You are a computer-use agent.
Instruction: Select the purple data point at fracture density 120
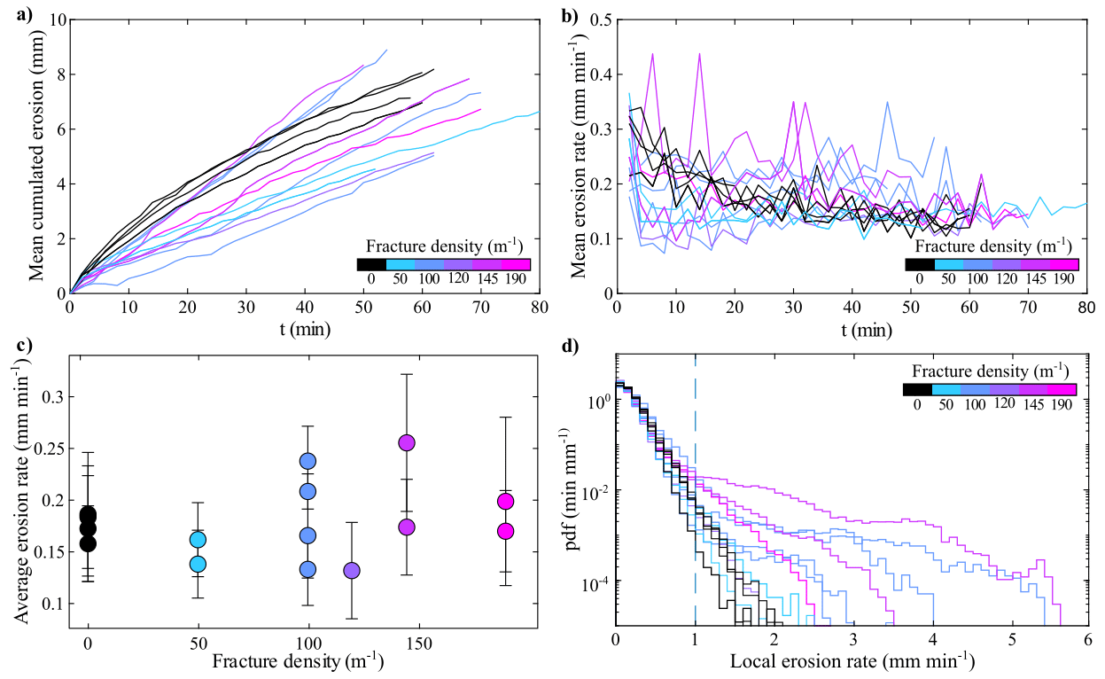[352, 570]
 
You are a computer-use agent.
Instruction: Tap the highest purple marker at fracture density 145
[407, 442]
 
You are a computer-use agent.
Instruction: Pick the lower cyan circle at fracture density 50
[198, 564]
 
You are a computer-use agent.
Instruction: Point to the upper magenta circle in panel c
[506, 502]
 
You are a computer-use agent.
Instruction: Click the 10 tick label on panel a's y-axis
[54, 20]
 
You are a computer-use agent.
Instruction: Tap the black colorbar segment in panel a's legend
[371, 263]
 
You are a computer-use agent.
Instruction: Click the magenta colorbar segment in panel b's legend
[1064, 263]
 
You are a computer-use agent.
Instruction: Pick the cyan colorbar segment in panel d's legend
[945, 388]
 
